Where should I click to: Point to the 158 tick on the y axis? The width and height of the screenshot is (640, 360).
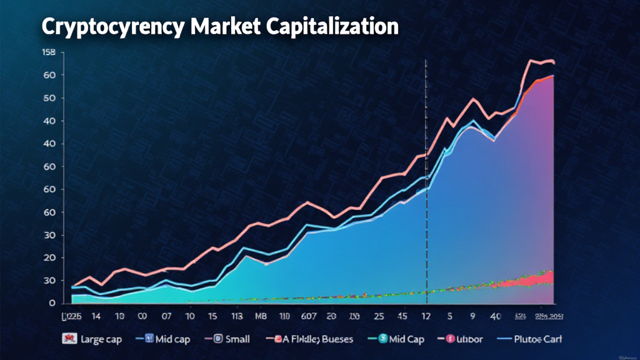[x=48, y=52]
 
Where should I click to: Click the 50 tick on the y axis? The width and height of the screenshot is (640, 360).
[x=50, y=98]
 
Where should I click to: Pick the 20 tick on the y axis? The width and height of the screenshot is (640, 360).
[x=50, y=258]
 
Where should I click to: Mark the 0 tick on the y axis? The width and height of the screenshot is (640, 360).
[x=52, y=304]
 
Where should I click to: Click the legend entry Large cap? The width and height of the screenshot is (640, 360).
[x=100, y=339]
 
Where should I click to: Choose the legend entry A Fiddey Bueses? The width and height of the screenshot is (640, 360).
[x=312, y=339]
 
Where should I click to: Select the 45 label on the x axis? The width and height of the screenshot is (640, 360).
[x=402, y=316]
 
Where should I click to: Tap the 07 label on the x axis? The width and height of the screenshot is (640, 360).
[x=166, y=316]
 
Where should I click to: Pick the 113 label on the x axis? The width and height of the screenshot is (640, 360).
[x=236, y=316]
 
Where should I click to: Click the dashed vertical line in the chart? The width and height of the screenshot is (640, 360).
[x=426, y=187]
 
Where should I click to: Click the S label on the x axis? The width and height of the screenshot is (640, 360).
[x=450, y=316]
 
